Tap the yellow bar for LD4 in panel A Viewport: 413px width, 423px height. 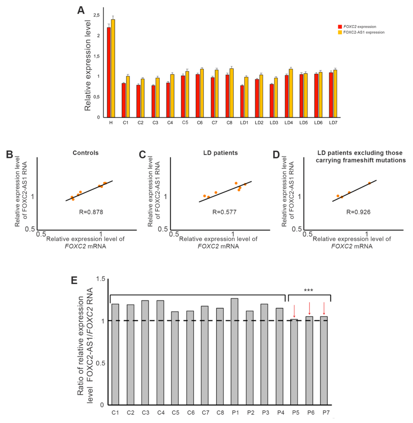tap(291, 93)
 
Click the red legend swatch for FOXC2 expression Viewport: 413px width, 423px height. tap(340, 27)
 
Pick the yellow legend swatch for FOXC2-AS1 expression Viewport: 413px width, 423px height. tap(340, 32)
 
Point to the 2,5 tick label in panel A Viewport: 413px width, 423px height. tap(96, 15)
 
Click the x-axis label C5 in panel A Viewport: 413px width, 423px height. tap(185, 123)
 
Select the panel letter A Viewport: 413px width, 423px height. tap(81, 10)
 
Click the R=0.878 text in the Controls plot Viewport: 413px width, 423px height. tap(91, 212)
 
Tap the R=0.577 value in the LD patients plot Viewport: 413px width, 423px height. tap(224, 212)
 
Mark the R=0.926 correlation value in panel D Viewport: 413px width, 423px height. tap(358, 212)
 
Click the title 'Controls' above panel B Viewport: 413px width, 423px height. tap(86, 153)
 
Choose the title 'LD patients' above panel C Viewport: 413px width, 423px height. tap(220, 153)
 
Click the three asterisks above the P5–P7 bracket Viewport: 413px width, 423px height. tap(309, 291)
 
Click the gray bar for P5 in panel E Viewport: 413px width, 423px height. tap(294, 361)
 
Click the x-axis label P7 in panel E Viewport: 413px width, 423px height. tap(324, 412)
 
